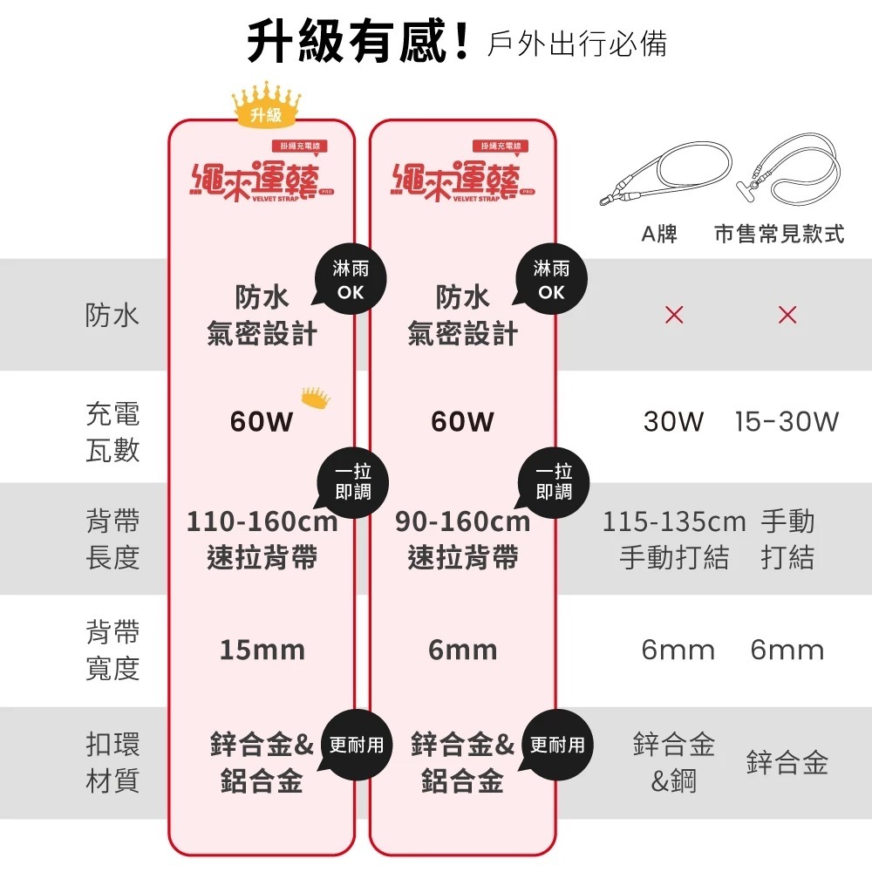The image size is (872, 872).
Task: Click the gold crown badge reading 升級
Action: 266,105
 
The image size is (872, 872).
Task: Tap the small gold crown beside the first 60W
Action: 316,398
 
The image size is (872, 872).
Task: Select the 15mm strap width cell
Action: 262,650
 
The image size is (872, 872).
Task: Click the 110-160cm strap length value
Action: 262,521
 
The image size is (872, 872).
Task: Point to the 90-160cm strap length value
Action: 463,521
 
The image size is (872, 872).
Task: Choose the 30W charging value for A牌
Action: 673,421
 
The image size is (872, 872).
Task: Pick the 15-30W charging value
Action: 787,421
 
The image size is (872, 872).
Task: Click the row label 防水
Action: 112,316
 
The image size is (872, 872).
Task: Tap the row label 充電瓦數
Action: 112,432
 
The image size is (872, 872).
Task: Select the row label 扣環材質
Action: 112,762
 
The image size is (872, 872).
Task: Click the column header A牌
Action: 659,234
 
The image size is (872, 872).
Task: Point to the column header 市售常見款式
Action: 779,234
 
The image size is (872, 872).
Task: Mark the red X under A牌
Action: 674,315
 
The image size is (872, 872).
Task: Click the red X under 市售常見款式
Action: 787,315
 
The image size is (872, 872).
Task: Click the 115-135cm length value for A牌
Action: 673,521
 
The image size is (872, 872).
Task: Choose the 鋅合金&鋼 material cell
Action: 673,762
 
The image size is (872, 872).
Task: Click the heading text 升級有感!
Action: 358,42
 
